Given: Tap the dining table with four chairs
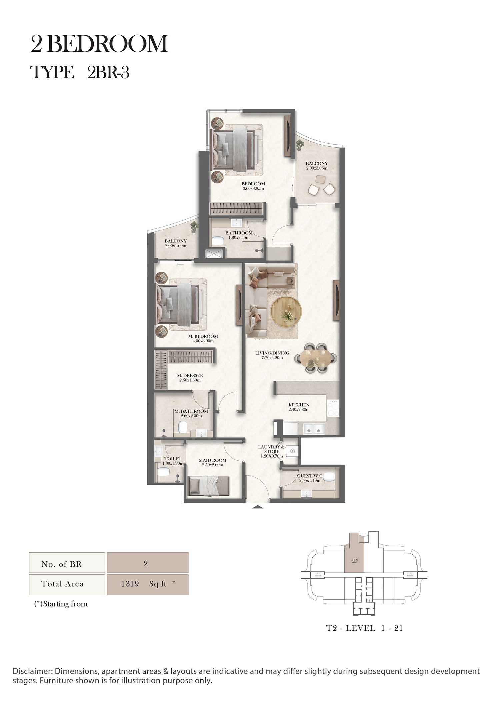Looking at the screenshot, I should [315, 358].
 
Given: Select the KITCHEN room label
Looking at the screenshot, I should [299, 405].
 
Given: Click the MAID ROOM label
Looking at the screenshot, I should [212, 460].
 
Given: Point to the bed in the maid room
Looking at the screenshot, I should [209, 486].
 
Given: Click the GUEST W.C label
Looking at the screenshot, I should [310, 476].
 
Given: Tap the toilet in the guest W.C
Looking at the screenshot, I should [329, 477].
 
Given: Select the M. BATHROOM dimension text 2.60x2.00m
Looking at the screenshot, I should [191, 416].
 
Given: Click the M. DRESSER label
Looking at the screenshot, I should [190, 375].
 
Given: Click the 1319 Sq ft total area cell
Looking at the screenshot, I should [147, 584].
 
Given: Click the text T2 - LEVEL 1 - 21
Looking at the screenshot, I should [364, 628].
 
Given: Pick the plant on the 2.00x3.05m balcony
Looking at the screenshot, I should [300, 144].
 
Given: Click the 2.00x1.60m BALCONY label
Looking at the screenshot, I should [175, 241].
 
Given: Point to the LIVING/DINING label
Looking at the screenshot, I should [272, 353].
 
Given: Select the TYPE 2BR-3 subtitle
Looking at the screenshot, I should [80, 72].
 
